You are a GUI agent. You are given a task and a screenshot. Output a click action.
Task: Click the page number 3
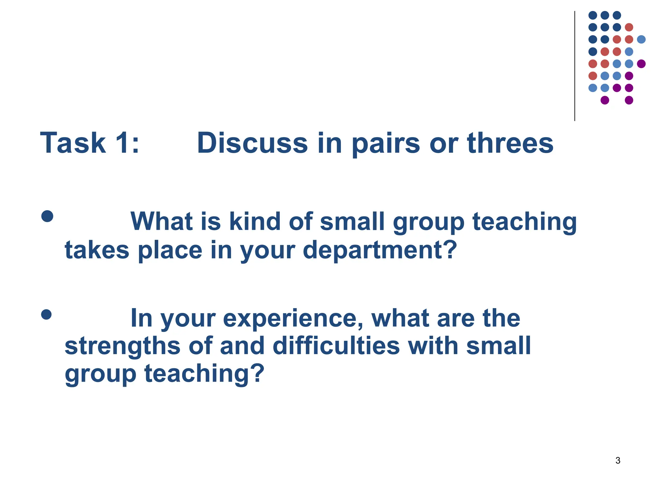(618, 461)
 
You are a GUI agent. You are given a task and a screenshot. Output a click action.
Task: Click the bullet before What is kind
(47, 216)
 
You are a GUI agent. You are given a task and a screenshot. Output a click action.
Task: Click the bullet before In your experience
(46, 315)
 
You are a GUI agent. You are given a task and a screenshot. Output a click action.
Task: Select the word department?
(380, 250)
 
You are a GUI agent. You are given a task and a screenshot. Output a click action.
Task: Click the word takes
(97, 250)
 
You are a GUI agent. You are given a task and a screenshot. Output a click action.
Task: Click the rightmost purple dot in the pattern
(641, 64)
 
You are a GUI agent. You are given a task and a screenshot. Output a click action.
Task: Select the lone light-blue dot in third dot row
(641, 39)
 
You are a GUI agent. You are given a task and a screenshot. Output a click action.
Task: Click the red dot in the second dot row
(629, 27)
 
